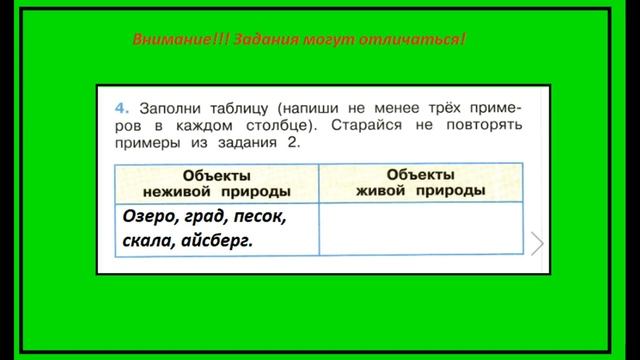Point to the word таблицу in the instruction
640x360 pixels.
(x=240, y=106)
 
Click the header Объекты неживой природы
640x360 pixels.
(x=215, y=182)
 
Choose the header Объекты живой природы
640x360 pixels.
(x=420, y=182)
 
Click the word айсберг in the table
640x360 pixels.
(x=217, y=241)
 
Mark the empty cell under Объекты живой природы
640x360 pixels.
(x=420, y=228)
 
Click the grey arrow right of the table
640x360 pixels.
(x=537, y=242)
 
